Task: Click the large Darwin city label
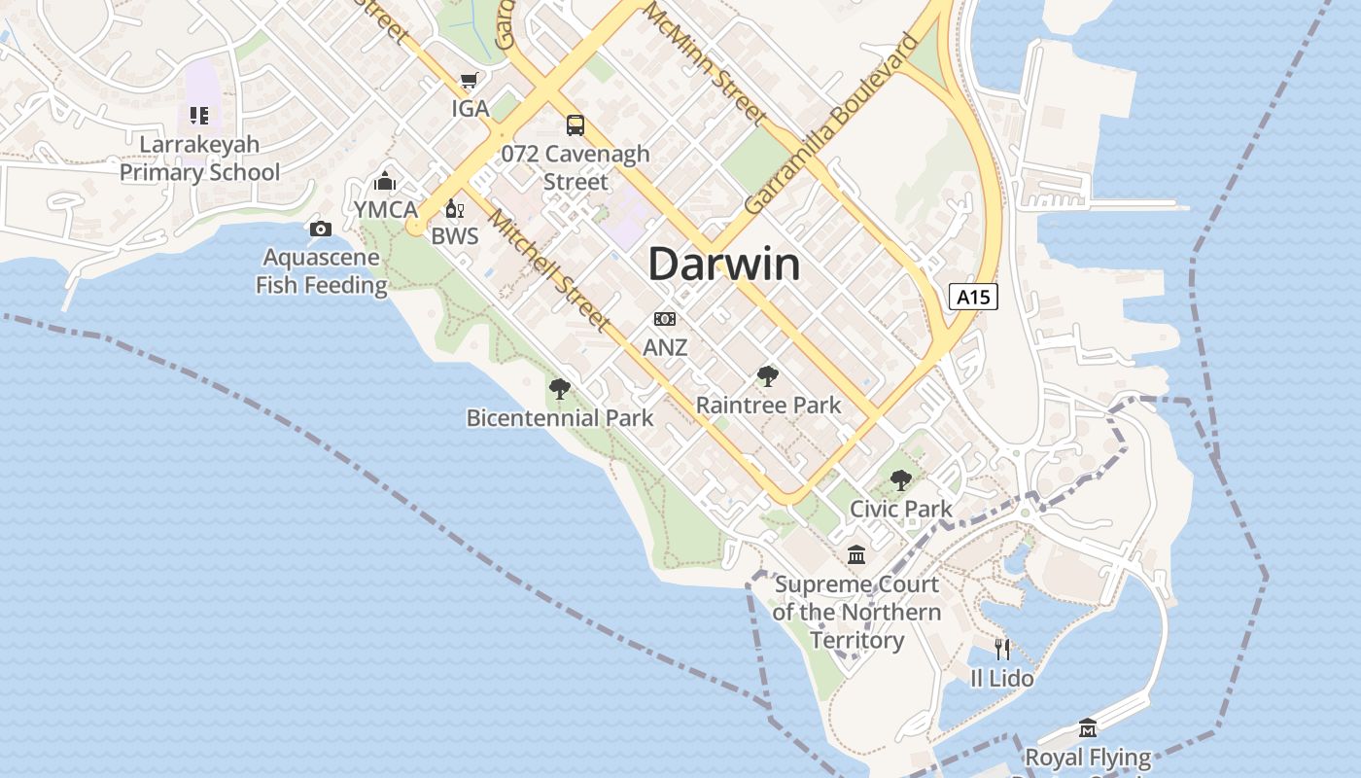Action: tap(724, 264)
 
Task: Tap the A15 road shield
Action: tap(973, 297)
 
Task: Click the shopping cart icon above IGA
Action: tap(470, 81)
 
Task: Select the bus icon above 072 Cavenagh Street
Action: tap(576, 124)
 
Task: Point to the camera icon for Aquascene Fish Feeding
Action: tap(320, 230)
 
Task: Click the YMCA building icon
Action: tap(385, 181)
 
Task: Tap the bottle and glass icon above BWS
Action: tap(454, 208)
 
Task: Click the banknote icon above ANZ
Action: tap(665, 319)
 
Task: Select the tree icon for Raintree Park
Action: tap(768, 376)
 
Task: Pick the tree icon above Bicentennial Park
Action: tap(559, 389)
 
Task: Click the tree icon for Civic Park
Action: tap(901, 479)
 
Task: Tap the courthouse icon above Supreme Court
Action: tap(856, 555)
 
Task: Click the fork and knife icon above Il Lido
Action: tap(1002, 649)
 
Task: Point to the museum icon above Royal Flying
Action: tap(1088, 727)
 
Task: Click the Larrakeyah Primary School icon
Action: tap(199, 117)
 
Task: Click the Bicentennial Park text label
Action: tap(560, 418)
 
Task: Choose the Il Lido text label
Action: tap(1002, 678)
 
